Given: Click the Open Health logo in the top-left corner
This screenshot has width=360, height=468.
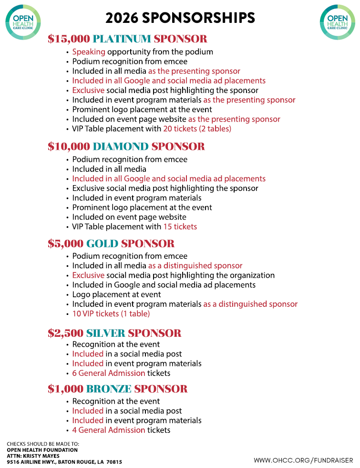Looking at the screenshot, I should tap(22, 21).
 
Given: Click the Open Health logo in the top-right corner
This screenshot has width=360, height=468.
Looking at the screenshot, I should tap(338, 21).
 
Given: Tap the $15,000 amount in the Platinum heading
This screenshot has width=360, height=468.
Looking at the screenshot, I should tap(69, 39).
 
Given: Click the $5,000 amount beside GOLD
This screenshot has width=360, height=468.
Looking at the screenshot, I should tap(65, 244).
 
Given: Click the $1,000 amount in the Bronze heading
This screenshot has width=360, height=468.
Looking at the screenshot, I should tap(65, 389).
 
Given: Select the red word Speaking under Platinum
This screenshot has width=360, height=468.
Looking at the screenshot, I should tap(89, 52).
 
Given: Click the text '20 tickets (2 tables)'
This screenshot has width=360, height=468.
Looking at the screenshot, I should tap(197, 129).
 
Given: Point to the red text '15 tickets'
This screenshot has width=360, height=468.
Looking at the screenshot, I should tap(180, 227).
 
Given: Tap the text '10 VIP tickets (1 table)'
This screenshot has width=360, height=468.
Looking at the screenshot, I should tap(111, 314).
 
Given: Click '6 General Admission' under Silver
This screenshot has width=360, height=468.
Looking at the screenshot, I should tap(109, 373).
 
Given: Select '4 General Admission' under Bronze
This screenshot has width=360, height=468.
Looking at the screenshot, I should tap(109, 430).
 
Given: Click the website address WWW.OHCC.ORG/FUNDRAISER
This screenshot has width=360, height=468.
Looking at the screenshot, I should tap(303, 460).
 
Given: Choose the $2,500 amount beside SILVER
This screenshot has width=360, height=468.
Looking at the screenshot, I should tap(65, 333).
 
